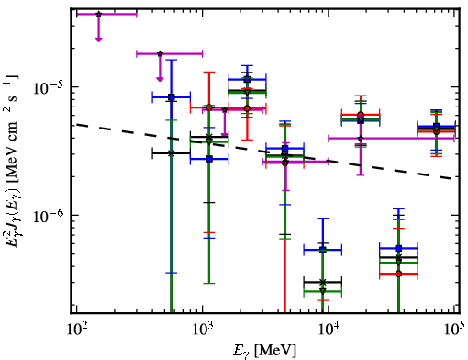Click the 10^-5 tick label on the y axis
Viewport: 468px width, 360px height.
coord(49,88)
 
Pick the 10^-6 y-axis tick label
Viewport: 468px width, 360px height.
coord(49,216)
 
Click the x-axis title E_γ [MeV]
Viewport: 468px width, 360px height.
coord(264,350)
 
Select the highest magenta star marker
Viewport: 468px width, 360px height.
coord(98,14)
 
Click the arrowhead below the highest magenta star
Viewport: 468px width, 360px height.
coord(98,39)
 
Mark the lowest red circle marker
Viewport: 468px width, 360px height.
coord(398,274)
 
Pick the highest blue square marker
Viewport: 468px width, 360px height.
coord(247,80)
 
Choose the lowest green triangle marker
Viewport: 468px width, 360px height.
coord(323,291)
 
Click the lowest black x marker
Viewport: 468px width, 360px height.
coord(323,282)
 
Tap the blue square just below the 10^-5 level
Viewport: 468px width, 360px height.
coord(172,97)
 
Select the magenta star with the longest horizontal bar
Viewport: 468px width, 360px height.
coord(361,139)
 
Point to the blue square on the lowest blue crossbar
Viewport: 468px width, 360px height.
coord(323,250)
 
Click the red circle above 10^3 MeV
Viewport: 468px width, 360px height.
coord(209,107)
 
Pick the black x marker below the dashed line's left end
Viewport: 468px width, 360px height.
coord(172,153)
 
